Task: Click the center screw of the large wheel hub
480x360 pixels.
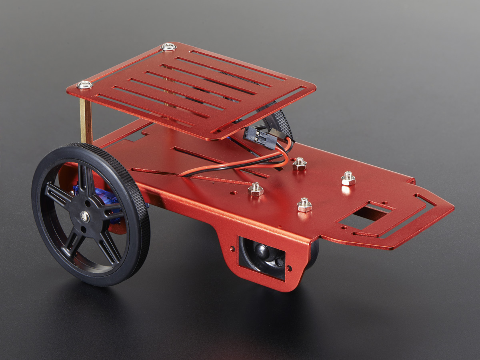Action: tap(85, 217)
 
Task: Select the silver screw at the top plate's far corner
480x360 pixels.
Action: tap(169, 47)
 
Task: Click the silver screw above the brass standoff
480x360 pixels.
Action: tap(85, 84)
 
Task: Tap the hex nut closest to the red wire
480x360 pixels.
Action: tap(299, 164)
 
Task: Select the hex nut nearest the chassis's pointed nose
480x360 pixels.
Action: tap(348, 178)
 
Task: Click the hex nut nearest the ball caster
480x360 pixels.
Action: tap(304, 205)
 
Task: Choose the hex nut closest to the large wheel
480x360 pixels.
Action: tap(256, 189)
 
